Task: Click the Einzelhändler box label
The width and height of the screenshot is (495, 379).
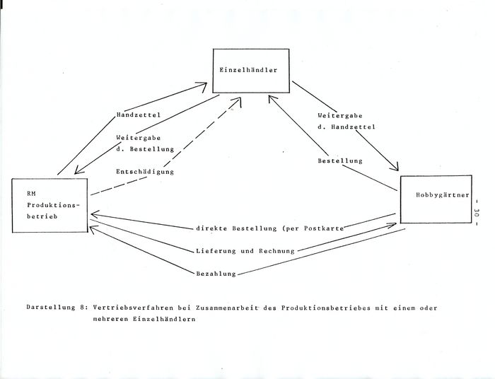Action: pyautogui.click(x=248, y=70)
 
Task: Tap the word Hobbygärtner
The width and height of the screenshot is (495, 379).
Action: pyautogui.click(x=443, y=195)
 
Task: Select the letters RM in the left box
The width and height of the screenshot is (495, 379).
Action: pyautogui.click(x=32, y=194)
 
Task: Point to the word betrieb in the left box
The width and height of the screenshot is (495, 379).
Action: pyautogui.click(x=42, y=216)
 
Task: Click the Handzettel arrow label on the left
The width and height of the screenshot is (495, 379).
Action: pyautogui.click(x=139, y=115)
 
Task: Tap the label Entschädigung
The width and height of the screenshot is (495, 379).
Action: pyautogui.click(x=145, y=172)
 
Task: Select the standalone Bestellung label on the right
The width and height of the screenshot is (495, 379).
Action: pyautogui.click(x=340, y=161)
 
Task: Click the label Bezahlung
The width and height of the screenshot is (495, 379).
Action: pyautogui.click(x=216, y=274)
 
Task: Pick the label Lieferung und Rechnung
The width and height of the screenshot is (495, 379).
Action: pyautogui.click(x=245, y=251)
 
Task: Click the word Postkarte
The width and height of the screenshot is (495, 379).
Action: pyautogui.click(x=324, y=228)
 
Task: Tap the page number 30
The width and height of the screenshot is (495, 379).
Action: pyautogui.click(x=477, y=211)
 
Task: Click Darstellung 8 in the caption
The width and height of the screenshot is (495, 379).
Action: pyautogui.click(x=56, y=308)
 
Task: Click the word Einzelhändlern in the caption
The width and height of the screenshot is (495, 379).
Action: pyautogui.click(x=164, y=319)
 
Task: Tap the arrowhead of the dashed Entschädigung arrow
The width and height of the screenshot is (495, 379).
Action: pyautogui.click(x=239, y=100)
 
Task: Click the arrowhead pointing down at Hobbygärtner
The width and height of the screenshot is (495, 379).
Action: pyautogui.click(x=395, y=168)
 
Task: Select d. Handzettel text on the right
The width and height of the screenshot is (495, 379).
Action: pyautogui.click(x=346, y=127)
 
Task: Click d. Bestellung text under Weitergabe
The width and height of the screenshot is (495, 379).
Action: pyautogui.click(x=145, y=149)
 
